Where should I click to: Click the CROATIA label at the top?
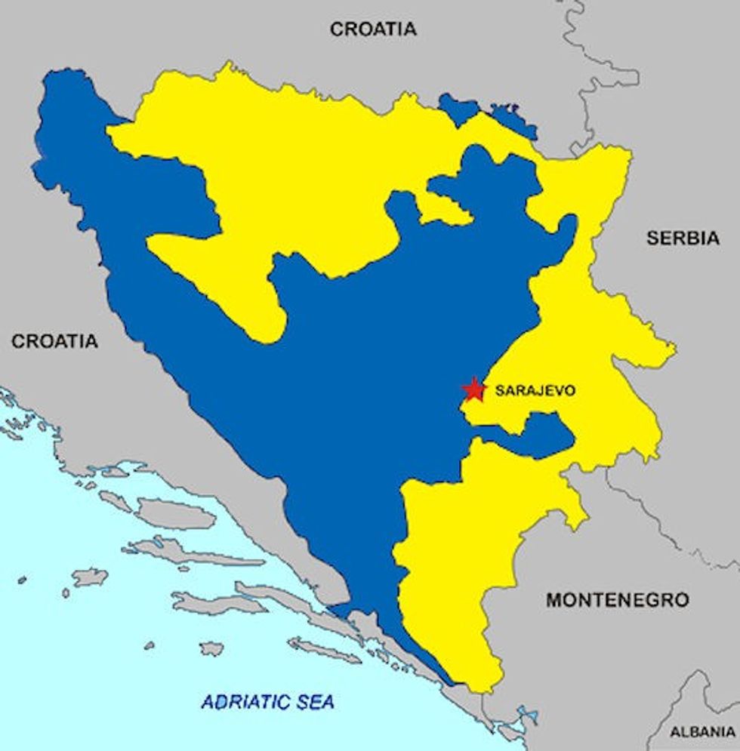[373, 29]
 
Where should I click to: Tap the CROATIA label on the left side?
[54, 341]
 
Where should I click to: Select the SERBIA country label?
[683, 238]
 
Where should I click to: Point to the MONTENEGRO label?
[617, 600]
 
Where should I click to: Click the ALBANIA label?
[702, 732]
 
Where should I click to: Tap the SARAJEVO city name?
[535, 391]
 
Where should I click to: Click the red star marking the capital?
[474, 389]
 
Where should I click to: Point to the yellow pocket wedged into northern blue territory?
[445, 208]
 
